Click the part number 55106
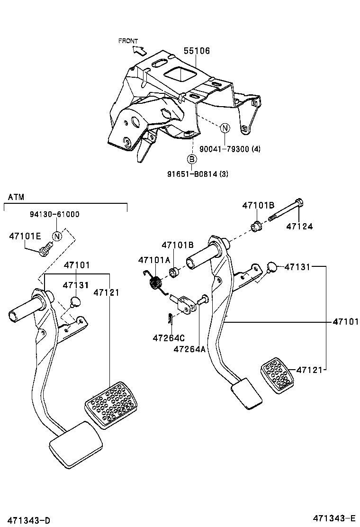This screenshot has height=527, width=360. click(197, 51)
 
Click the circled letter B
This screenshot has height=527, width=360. click(191, 159)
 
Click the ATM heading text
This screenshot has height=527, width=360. click(16, 197)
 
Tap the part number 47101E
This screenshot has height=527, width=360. click(25, 236)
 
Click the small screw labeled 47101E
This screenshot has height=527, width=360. click(45, 248)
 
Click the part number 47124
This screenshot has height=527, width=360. click(299, 227)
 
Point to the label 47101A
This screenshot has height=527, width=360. click(153, 260)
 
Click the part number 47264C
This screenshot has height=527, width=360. click(168, 338)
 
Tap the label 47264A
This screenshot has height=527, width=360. click(189, 349)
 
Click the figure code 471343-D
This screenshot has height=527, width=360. click(29, 520)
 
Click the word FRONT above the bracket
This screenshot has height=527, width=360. click(128, 41)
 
